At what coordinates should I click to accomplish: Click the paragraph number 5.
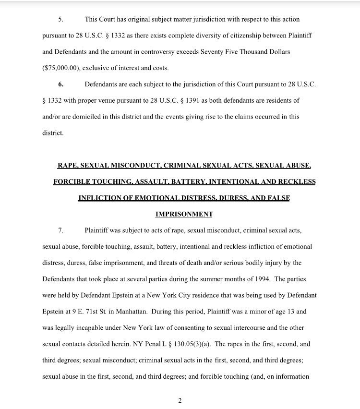click(60, 20)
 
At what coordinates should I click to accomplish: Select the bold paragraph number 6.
click(60, 84)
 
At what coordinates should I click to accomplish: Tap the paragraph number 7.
click(60, 230)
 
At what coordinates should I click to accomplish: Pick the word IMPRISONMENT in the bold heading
click(184, 214)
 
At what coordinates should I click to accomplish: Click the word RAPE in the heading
click(68, 166)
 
